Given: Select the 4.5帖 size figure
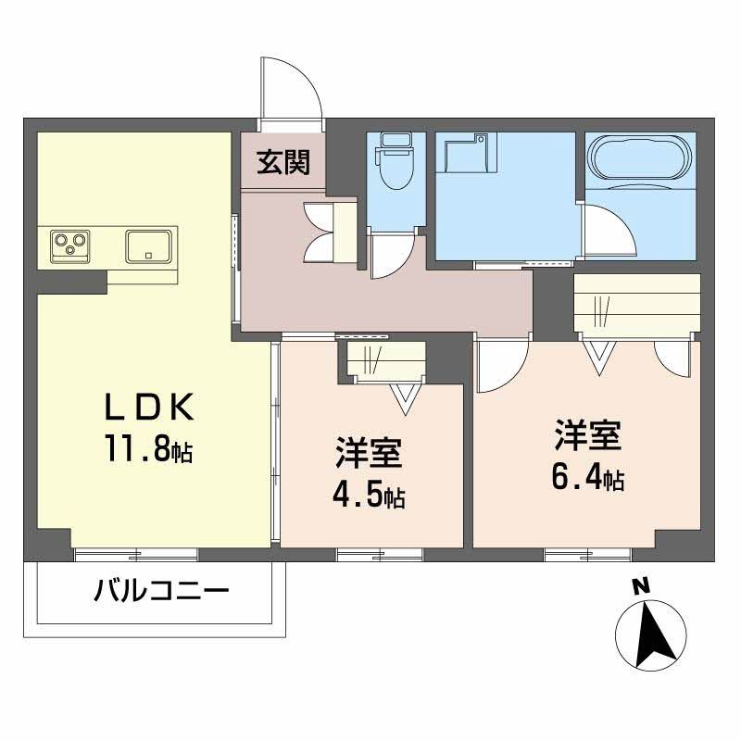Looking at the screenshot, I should (368, 496).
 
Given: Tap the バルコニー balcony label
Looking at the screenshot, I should (160, 590).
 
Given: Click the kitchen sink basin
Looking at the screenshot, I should (148, 245).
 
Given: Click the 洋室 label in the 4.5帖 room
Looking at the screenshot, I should (368, 456).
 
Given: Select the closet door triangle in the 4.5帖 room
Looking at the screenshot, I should (405, 396).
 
